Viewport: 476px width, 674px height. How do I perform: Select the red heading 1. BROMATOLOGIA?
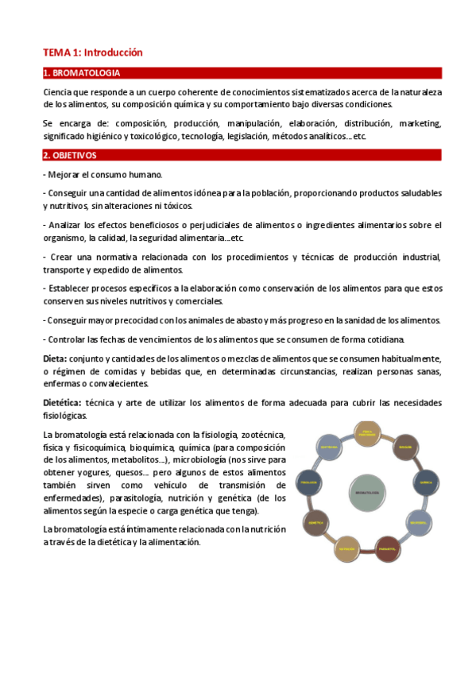click(81, 74)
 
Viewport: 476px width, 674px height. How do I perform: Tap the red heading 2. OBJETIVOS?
click(70, 156)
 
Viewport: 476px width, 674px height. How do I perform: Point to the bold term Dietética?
click(62, 403)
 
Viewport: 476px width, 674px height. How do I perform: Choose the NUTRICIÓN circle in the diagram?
click(345, 548)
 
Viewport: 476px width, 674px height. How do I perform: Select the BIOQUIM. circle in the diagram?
click(405, 448)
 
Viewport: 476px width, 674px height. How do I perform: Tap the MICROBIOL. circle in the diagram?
click(420, 522)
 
